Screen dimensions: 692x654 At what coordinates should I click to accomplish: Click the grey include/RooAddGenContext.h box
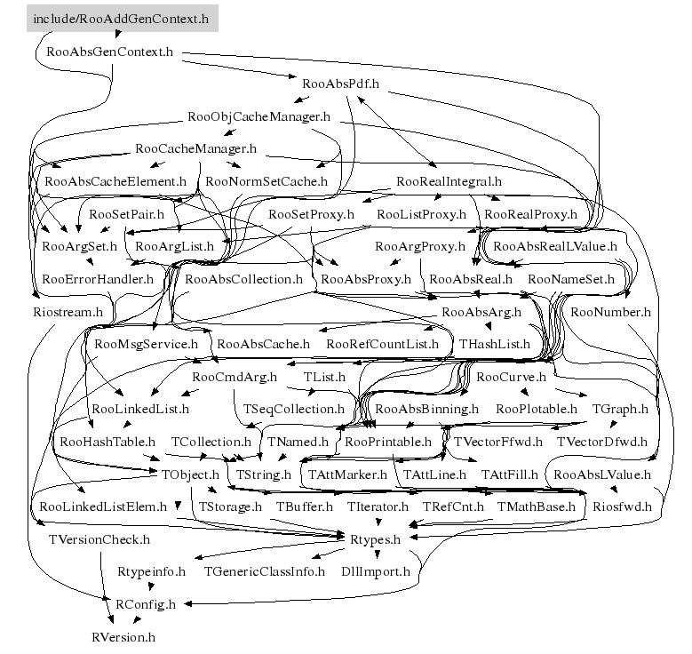point(123,19)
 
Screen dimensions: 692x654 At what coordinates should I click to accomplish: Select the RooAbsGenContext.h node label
point(109,52)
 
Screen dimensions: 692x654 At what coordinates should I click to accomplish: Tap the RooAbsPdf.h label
point(340,84)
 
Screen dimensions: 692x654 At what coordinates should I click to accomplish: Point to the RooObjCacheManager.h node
point(259,116)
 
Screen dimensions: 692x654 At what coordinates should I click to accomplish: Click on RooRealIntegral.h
point(449,181)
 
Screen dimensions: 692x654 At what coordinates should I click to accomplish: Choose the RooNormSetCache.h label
point(266,181)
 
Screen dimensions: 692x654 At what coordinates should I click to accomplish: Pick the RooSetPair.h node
point(126,214)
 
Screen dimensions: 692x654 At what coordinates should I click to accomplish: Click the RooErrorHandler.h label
point(98,279)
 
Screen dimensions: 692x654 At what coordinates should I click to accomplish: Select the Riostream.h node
point(68,312)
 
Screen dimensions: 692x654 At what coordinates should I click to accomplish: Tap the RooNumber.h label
point(610,312)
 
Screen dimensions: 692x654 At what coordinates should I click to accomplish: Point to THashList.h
point(494,344)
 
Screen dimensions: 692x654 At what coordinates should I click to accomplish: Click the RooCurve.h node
point(511,377)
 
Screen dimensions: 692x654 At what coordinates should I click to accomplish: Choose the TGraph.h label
point(620,409)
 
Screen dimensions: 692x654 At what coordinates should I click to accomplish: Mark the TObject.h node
point(190,475)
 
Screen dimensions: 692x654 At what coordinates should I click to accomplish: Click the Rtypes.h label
point(375,539)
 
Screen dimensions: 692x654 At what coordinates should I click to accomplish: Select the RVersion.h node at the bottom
point(123,637)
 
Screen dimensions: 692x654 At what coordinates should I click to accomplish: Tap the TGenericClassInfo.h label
point(265,571)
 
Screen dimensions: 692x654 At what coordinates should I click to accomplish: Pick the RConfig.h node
point(145,604)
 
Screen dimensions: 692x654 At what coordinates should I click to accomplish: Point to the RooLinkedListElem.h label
point(103,506)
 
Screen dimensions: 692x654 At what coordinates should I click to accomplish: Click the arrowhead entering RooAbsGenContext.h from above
point(117,34)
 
